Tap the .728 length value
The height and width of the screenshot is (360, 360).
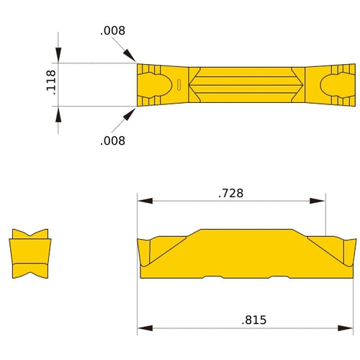click(230, 193)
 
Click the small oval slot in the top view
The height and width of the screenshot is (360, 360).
click(178, 85)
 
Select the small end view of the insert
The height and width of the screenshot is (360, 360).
click(30, 254)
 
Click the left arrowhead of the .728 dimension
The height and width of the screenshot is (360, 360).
click(144, 201)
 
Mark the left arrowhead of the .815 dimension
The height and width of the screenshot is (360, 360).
click(144, 328)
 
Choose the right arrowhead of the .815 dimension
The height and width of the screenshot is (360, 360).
click(348, 328)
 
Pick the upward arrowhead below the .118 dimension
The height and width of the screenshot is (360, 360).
click(58, 115)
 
